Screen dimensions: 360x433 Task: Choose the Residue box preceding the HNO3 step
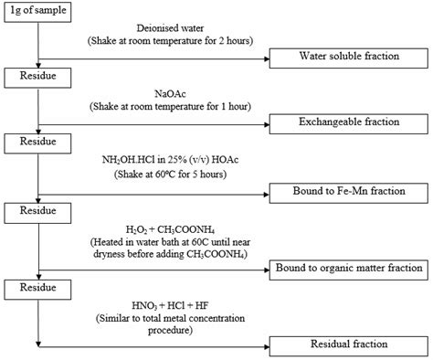click(36, 288)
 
